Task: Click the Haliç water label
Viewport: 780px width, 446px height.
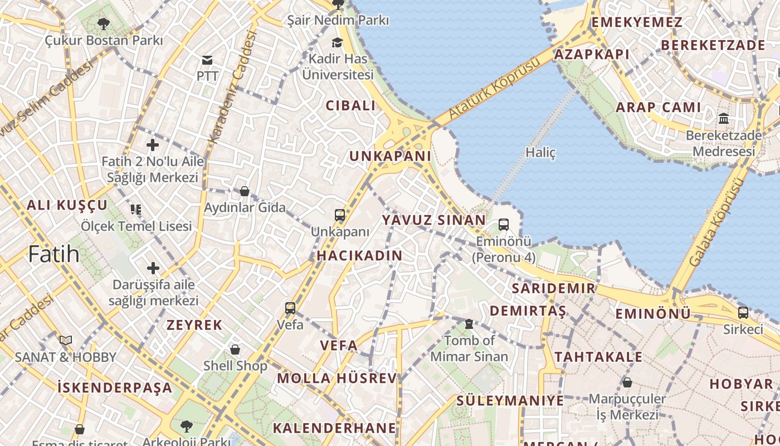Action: pos(540,152)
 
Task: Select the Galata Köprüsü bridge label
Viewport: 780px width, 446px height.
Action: pos(716,222)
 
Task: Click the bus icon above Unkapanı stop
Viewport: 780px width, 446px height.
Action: pos(339,215)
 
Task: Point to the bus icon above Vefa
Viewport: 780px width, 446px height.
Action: pos(290,308)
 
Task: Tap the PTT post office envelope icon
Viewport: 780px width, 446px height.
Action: pos(207,60)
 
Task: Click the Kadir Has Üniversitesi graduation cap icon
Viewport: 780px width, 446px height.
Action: pos(337,43)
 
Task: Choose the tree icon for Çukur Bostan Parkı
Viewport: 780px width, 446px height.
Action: pos(103,23)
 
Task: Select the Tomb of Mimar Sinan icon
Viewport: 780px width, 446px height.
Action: pos(469,323)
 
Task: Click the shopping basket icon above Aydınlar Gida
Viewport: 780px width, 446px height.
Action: pos(244,191)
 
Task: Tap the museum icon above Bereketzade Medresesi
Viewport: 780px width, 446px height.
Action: pos(724,118)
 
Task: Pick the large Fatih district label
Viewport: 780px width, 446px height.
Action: pos(53,255)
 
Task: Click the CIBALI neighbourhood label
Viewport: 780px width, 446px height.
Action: pos(350,105)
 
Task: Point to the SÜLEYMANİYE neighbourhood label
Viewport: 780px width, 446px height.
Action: pos(510,400)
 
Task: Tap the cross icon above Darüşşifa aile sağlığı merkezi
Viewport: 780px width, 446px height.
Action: pos(153,268)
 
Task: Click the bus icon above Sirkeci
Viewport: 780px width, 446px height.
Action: pos(743,313)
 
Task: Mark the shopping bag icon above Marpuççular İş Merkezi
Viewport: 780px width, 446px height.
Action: pos(627,382)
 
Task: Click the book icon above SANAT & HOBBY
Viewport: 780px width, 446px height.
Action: pos(66,340)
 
